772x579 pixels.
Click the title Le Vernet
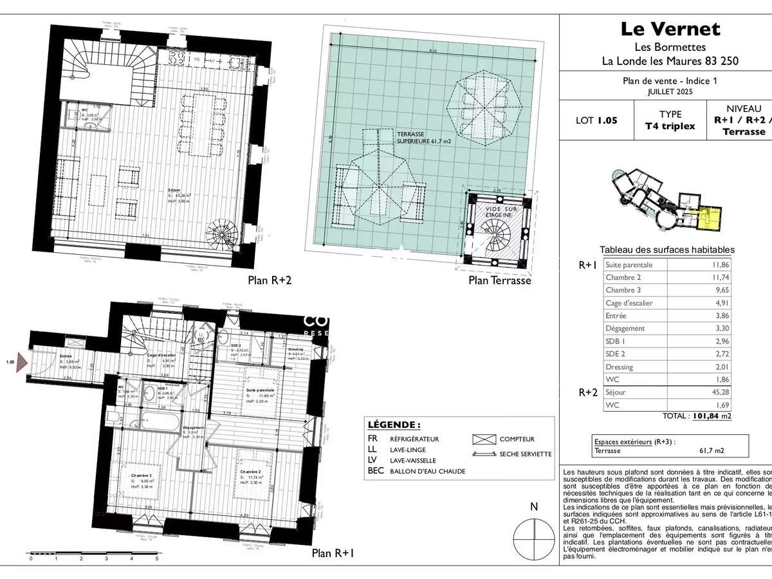coord(670,29)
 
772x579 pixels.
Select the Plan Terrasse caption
coord(500,280)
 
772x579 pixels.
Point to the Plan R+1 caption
coord(333,553)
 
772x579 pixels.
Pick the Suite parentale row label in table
coord(629,264)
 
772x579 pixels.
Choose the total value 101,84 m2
coord(711,416)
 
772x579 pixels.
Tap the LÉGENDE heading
coord(394,425)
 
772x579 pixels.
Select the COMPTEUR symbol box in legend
coord(483,439)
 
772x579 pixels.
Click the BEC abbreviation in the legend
coord(376,471)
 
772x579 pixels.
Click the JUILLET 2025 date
coord(670,91)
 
